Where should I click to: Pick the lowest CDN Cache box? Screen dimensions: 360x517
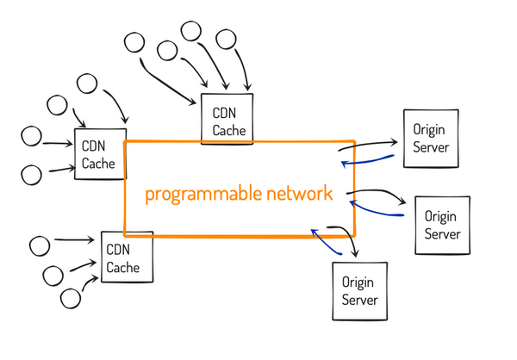click(x=127, y=257)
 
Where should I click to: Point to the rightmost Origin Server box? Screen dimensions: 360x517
click(x=442, y=225)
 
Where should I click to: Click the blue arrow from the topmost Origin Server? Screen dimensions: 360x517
click(x=369, y=161)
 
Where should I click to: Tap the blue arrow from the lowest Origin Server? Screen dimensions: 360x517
click(x=327, y=239)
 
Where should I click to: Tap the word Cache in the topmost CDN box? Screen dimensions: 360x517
click(x=227, y=131)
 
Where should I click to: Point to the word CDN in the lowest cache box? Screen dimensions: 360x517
click(x=118, y=250)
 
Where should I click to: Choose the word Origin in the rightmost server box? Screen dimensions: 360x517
click(x=442, y=217)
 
